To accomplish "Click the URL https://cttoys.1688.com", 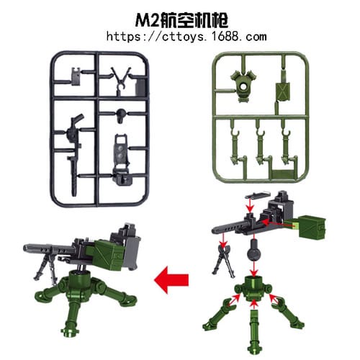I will pyautogui.click(x=186, y=35).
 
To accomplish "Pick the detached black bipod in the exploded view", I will pyautogui.click(x=222, y=258).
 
